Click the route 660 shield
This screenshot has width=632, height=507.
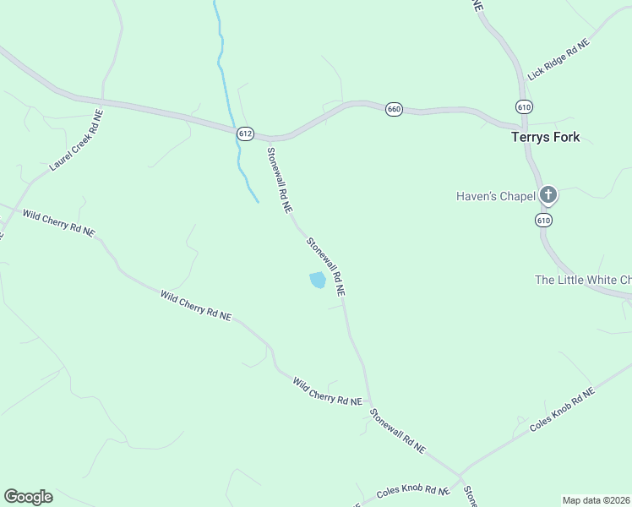point(394,109)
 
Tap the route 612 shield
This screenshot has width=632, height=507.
point(245,134)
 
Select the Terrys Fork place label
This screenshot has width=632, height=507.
point(546,137)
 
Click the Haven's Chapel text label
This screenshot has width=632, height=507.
point(496,197)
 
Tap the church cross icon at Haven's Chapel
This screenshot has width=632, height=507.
point(548,196)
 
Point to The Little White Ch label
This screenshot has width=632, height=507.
point(583,280)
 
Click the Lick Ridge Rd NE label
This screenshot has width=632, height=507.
point(558,59)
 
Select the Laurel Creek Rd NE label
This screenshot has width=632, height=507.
point(76,140)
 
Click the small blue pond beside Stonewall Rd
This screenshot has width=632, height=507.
point(317,280)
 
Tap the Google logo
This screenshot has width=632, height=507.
point(28,497)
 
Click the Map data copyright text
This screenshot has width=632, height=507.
point(596,499)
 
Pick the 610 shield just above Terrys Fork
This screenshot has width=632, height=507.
point(524,106)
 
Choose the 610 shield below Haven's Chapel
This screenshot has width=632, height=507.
point(543,220)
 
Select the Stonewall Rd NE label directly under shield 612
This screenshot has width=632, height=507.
point(280,179)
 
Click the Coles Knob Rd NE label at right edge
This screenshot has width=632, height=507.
point(562,411)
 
